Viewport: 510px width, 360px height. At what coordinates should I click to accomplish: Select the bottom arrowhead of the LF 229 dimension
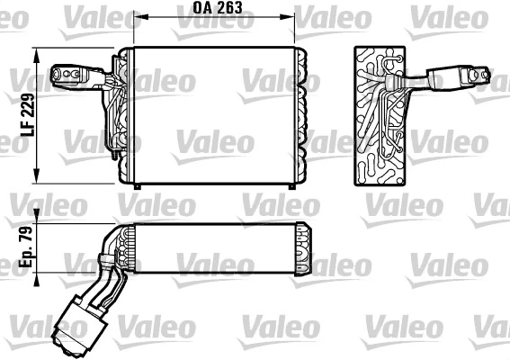37,177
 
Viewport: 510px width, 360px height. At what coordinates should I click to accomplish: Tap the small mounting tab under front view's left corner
136,185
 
